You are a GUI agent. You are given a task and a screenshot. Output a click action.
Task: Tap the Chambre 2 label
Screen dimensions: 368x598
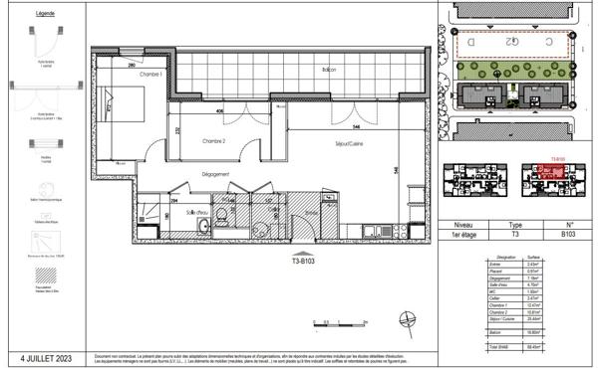[x=209, y=140]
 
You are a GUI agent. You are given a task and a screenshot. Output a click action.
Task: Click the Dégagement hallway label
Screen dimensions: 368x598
[x=215, y=175]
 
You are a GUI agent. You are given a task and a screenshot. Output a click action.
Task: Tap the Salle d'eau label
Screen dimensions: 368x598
[x=195, y=212]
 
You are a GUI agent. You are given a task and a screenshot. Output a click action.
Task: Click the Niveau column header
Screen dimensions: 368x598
[x=462, y=226]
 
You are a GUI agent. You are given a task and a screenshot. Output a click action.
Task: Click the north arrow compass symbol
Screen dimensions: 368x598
[x=406, y=321]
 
